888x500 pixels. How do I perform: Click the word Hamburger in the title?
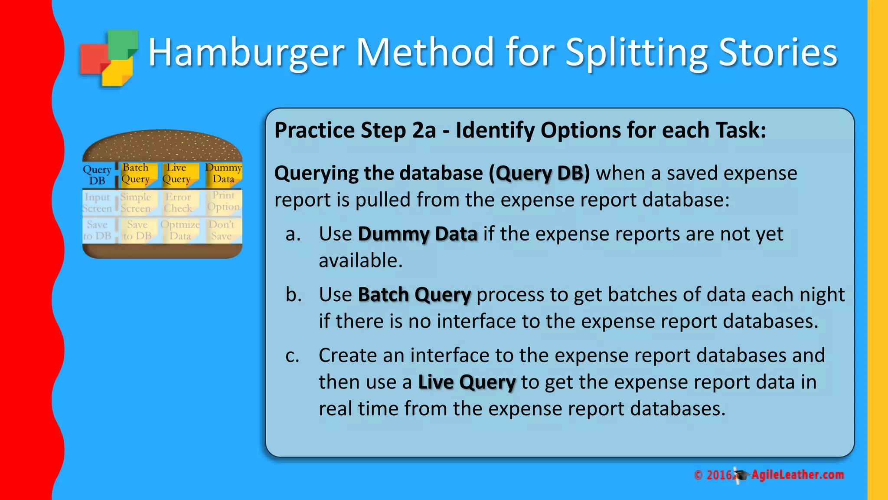[x=246, y=53]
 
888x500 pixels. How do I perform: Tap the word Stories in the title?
[x=778, y=53]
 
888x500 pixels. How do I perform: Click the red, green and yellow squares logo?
[x=109, y=58]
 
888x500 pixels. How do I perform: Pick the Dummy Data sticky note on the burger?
[x=223, y=174]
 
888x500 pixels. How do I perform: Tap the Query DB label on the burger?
[x=98, y=175]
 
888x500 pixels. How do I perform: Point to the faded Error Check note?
[x=178, y=203]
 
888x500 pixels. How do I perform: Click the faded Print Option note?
[x=223, y=201]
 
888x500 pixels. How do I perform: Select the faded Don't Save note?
[x=222, y=230]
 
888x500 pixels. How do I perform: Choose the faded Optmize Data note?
[x=180, y=230]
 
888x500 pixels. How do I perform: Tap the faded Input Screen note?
[x=98, y=203]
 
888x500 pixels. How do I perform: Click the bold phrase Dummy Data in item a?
[x=417, y=234]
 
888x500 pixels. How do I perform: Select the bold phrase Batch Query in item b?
[x=414, y=295]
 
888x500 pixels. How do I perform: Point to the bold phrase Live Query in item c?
[x=467, y=383]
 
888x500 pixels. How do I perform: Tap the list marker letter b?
[x=294, y=295]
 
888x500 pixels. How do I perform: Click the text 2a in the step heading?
[x=424, y=130]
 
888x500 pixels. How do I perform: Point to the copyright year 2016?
[x=719, y=475]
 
